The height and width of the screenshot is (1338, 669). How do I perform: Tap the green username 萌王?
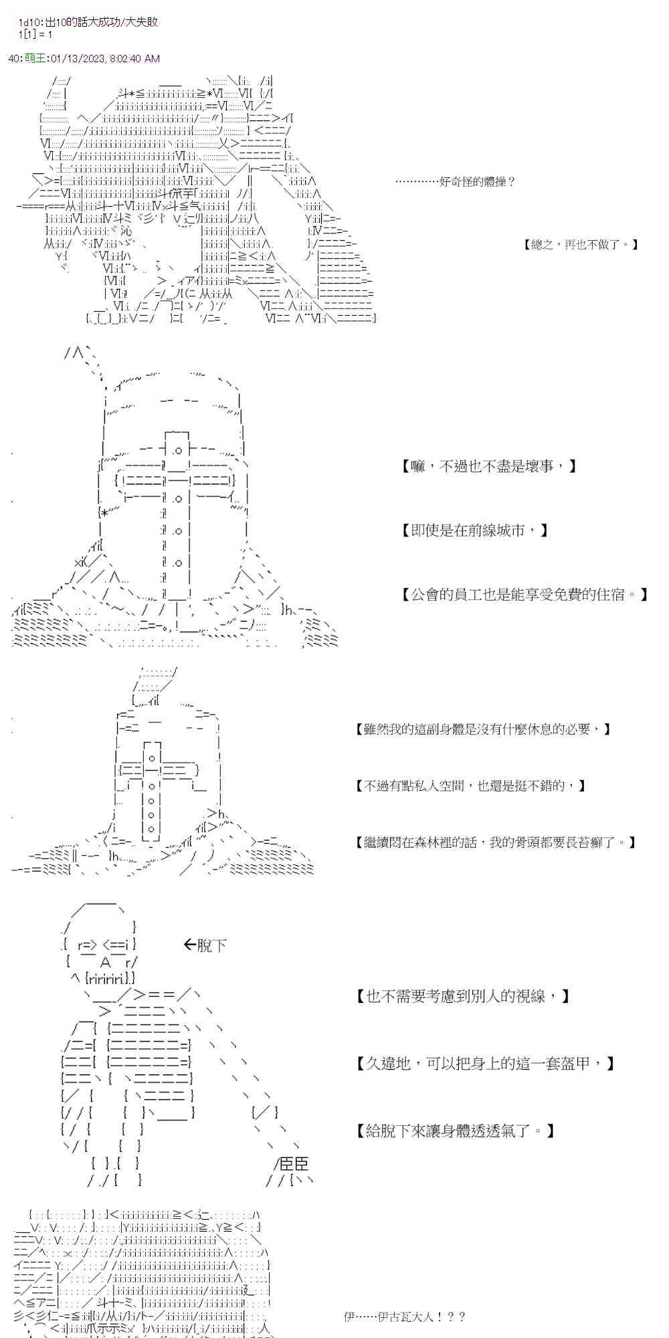[35, 58]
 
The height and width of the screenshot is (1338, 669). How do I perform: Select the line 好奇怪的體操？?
[455, 181]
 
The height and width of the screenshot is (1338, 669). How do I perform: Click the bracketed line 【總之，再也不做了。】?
[581, 245]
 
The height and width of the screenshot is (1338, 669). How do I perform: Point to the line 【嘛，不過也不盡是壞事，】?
[488, 466]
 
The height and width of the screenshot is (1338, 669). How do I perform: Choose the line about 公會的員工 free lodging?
[524, 594]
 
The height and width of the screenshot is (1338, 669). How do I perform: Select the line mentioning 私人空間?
[471, 785]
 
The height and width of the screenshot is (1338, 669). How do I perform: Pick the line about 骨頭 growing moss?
[496, 842]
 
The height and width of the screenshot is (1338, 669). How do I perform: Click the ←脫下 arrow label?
[205, 945]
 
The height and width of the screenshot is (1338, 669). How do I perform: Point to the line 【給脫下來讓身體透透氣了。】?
[455, 1131]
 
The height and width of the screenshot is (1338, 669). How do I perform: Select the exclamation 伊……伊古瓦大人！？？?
[404, 1317]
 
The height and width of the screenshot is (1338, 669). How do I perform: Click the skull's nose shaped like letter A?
[104, 962]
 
